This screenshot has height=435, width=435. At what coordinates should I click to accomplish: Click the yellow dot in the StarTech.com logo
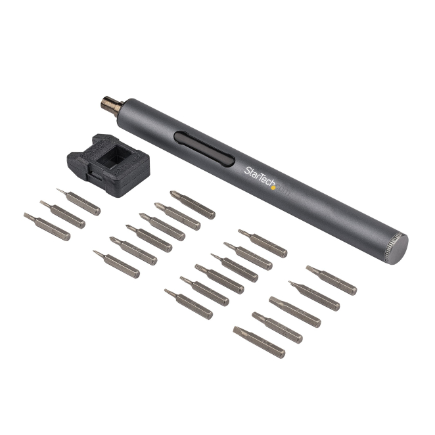[x=273, y=187]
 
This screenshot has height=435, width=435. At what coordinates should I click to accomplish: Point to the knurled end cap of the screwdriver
[x=396, y=249]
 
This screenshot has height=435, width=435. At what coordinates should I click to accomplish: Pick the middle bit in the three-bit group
[x=62, y=214]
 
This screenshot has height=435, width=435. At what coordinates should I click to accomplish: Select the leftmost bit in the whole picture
[x=47, y=227]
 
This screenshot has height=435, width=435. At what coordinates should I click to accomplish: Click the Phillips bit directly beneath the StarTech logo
[x=193, y=205]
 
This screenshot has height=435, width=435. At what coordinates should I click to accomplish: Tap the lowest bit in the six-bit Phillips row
[x=116, y=264]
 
